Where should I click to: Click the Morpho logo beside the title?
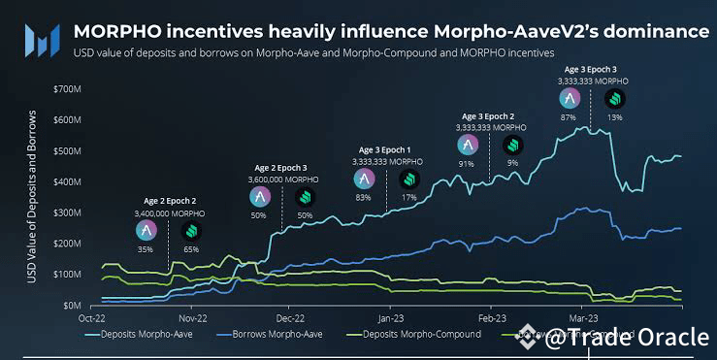41,40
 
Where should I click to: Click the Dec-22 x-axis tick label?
290,317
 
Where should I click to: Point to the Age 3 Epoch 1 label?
385,149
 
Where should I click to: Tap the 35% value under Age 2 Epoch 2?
146,249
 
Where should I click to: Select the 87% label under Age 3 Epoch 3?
570,117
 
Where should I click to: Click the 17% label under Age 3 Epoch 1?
408,197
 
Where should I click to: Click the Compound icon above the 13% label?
615,99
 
